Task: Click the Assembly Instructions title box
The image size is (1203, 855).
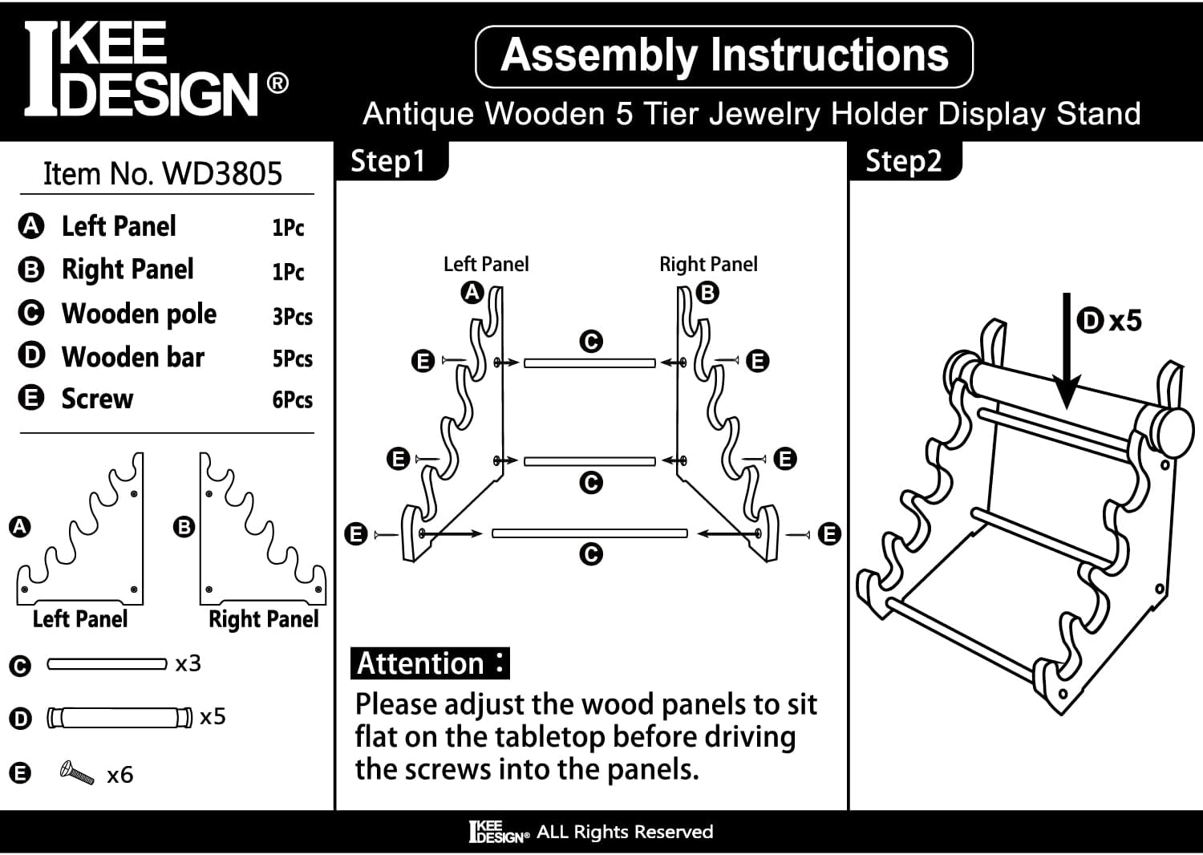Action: (723, 56)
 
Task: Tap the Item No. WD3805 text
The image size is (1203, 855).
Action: (163, 174)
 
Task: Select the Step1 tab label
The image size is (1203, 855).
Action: (388, 161)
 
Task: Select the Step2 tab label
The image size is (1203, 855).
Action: (903, 161)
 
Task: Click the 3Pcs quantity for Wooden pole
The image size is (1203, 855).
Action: (292, 316)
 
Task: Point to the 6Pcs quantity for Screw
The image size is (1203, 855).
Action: (292, 399)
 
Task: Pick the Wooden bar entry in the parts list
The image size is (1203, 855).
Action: (133, 357)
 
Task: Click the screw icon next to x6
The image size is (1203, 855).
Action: (77, 773)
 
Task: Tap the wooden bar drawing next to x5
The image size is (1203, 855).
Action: (119, 717)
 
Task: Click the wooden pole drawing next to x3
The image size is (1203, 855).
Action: (106, 664)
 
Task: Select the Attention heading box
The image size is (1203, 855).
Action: (430, 664)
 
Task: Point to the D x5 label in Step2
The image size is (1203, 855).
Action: (1109, 321)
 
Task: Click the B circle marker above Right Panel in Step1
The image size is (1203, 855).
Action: (707, 293)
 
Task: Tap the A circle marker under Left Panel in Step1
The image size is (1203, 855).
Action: (472, 293)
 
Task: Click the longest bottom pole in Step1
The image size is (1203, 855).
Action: (589, 533)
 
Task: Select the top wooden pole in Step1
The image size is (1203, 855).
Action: (589, 363)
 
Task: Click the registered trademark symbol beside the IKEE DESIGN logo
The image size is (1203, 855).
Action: (277, 83)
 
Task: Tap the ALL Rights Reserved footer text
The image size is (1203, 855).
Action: (624, 832)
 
